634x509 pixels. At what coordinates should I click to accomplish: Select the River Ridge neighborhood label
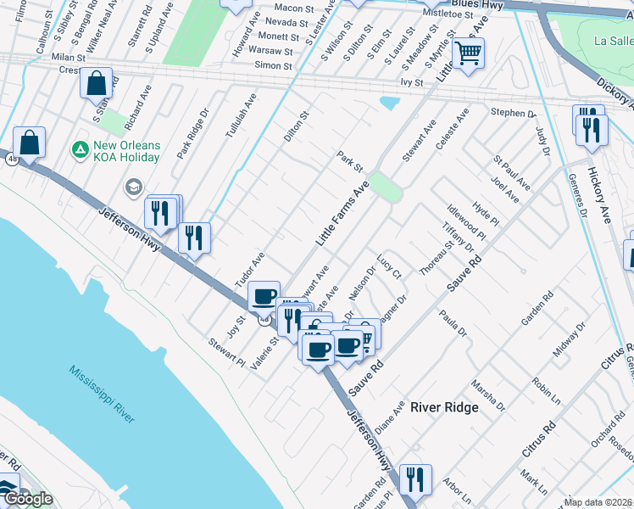(444, 407)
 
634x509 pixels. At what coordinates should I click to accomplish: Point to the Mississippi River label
(103, 395)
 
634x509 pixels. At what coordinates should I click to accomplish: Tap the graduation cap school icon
(133, 186)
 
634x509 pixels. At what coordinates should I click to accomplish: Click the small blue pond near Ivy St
(390, 103)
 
